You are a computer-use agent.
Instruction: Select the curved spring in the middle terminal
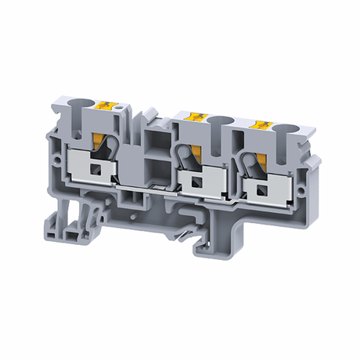(x=185, y=154)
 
